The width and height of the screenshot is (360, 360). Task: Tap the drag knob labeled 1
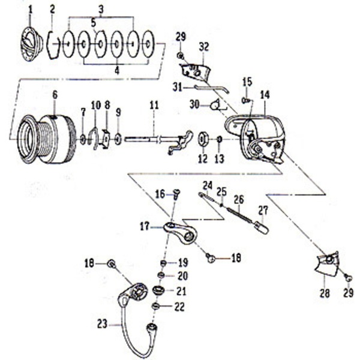pyautogui.click(x=33, y=44)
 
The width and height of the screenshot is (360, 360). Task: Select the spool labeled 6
pyautogui.click(x=47, y=139)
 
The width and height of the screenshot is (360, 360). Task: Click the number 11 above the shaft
pyautogui.click(x=154, y=106)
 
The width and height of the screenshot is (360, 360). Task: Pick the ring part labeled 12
pyautogui.click(x=203, y=139)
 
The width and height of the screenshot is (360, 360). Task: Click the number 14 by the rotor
pyautogui.click(x=265, y=95)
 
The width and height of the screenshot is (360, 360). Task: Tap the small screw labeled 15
pyautogui.click(x=245, y=100)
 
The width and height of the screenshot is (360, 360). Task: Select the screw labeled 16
pyautogui.click(x=176, y=194)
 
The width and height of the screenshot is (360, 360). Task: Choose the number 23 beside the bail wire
pyautogui.click(x=102, y=325)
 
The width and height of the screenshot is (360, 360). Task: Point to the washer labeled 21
pyautogui.click(x=158, y=290)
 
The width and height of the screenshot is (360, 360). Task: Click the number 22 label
pyautogui.click(x=179, y=307)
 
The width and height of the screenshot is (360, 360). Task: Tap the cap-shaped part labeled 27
pyautogui.click(x=260, y=227)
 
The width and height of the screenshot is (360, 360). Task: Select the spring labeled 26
pyautogui.click(x=239, y=215)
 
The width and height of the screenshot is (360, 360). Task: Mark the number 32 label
pyautogui.click(x=204, y=47)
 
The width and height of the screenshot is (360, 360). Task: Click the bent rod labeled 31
pyautogui.click(x=212, y=88)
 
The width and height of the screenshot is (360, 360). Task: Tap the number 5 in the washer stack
pyautogui.click(x=93, y=23)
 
